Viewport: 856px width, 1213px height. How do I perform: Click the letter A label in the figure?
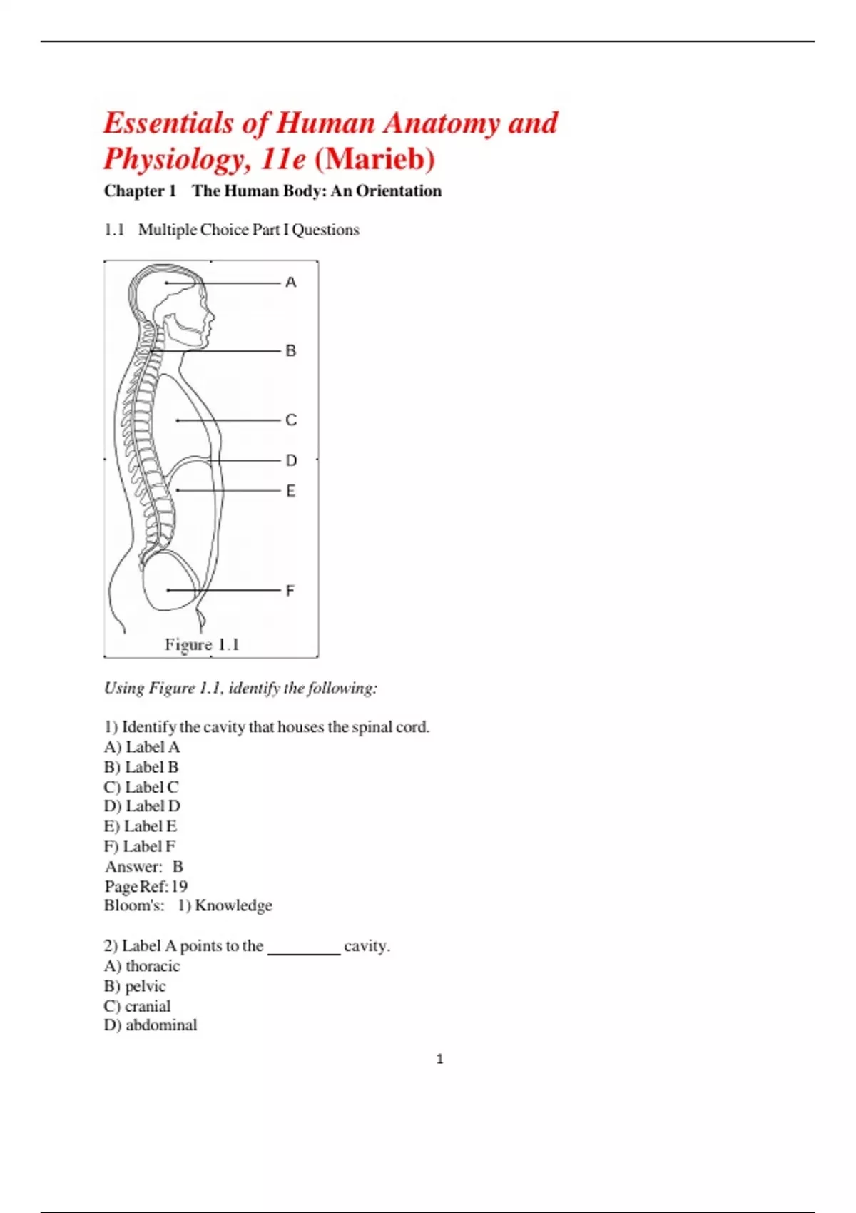[290, 283]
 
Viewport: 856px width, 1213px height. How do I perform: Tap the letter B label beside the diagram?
[290, 351]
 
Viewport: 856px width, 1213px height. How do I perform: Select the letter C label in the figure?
[290, 420]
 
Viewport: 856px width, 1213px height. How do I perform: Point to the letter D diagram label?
[291, 461]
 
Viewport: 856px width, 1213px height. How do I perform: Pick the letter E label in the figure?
[290, 491]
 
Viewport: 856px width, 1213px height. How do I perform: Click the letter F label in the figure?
[290, 591]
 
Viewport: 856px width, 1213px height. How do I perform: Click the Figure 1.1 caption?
[202, 645]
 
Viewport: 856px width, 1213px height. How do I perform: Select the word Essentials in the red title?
[168, 123]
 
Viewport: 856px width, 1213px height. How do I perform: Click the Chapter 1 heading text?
[140, 191]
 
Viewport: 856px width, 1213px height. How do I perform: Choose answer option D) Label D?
[142, 806]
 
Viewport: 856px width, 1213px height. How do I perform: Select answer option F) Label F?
[140, 846]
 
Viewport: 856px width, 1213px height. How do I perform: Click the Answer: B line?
[144, 866]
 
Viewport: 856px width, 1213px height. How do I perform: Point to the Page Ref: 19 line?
[146, 886]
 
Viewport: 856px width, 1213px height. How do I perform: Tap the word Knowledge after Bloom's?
[233, 905]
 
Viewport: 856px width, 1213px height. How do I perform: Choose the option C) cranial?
[137, 1006]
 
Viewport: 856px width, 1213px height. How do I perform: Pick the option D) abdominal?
[151, 1025]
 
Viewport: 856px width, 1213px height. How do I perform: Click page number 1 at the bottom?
[439, 1059]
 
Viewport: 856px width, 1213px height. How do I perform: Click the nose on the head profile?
[211, 313]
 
